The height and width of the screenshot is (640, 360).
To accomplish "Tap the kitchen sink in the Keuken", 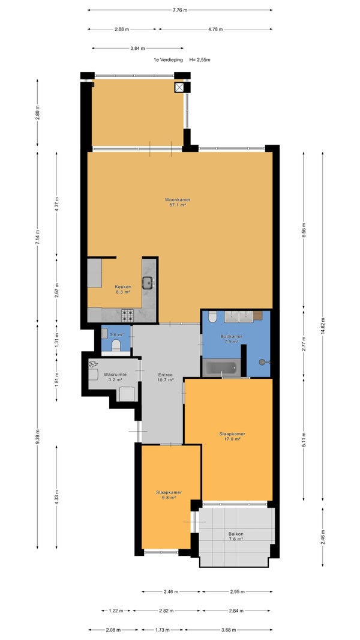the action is pyautogui.click(x=148, y=282).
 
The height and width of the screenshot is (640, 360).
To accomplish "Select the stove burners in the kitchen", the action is pyautogui.click(x=127, y=315).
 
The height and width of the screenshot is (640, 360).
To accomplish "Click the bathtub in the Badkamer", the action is pyautogui.click(x=221, y=367).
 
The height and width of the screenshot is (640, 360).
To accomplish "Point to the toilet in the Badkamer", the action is pyautogui.click(x=212, y=317).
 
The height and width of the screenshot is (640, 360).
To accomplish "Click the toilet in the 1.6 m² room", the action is pyautogui.click(x=116, y=345).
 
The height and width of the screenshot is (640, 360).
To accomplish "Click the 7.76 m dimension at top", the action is pyautogui.click(x=180, y=10).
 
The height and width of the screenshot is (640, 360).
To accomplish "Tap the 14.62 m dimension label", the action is pyautogui.click(x=322, y=326).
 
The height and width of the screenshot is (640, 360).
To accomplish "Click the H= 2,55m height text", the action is pyautogui.click(x=200, y=59).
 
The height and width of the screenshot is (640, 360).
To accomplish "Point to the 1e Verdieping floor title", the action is pyautogui.click(x=168, y=59).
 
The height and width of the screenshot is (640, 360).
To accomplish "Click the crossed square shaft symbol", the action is pyautogui.click(x=180, y=87).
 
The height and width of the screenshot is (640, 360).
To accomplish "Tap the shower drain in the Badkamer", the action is pyautogui.click(x=262, y=361).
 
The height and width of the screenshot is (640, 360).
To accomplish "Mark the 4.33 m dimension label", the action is pyautogui.click(x=56, y=497).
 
